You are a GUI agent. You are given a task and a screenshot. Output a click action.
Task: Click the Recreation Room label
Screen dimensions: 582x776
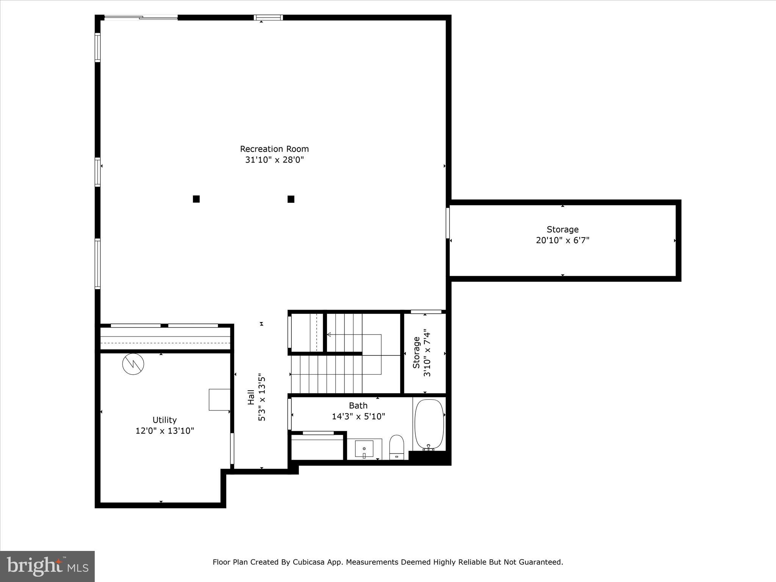point(274,149)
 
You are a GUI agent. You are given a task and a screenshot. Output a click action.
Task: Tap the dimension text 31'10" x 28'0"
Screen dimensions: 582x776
point(274,160)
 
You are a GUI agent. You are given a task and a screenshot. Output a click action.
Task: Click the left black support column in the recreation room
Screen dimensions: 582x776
point(196,199)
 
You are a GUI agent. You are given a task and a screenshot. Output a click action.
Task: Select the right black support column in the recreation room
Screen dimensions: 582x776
point(291,199)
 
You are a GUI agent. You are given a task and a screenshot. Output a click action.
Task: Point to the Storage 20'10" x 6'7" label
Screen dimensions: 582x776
point(562,235)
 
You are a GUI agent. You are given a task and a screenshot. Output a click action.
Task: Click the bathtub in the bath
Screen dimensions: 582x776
point(429,424)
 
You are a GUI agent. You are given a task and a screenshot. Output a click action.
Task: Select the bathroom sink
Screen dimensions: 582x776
point(364,449)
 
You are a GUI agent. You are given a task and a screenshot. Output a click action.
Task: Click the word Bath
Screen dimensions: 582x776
point(358,406)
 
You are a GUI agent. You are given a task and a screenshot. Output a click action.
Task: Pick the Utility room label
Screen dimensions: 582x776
point(164,420)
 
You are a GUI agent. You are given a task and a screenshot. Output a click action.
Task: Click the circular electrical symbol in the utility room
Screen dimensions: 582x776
point(133,365)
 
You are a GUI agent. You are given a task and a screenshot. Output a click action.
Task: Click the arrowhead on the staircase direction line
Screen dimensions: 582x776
point(329,335)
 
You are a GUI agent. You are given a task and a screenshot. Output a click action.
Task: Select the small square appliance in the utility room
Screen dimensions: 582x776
point(219,399)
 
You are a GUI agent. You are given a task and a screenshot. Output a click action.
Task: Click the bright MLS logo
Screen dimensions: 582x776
point(47,566)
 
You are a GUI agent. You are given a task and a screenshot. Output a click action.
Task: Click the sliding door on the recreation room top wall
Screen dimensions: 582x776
point(141,17)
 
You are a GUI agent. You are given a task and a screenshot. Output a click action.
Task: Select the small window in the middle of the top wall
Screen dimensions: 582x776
point(268,17)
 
